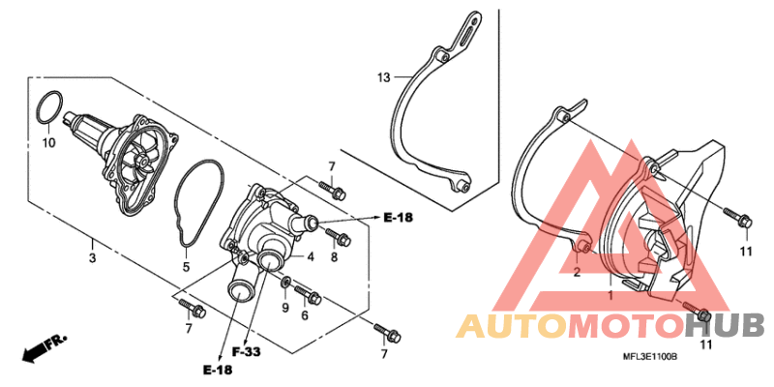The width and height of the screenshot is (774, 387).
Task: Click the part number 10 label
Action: tap(48, 143)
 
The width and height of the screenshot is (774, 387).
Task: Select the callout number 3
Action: tap(92, 257)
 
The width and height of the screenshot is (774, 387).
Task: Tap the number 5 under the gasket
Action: tap(186, 267)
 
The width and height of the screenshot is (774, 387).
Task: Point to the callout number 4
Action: tap(311, 257)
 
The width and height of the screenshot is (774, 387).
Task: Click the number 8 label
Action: tap(334, 257)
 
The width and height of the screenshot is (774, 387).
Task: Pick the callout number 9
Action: tap(285, 309)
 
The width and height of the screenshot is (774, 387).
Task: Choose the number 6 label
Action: tap(304, 315)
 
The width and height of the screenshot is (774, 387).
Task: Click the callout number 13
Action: tap(383, 77)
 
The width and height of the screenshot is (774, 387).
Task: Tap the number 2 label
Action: tap(577, 273)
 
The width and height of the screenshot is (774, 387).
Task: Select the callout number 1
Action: tap(610, 296)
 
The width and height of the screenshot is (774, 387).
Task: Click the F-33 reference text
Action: tap(247, 352)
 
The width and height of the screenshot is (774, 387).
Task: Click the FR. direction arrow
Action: tap(44, 348)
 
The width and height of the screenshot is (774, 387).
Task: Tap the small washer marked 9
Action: tap(285, 283)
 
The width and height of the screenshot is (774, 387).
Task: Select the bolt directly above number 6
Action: tap(308, 294)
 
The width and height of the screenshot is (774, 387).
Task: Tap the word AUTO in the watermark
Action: tap(513, 326)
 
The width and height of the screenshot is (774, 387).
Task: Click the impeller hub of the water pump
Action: tap(142, 161)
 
